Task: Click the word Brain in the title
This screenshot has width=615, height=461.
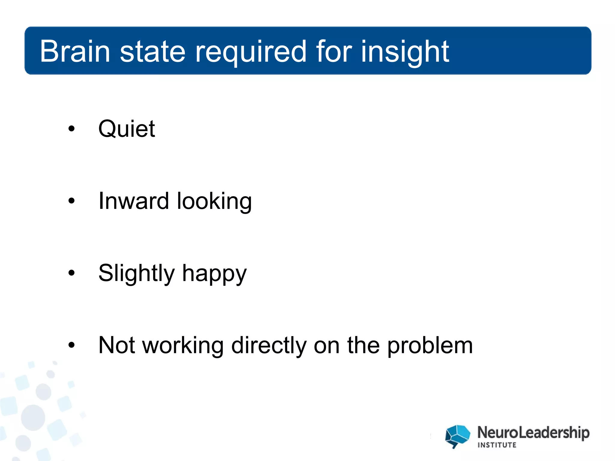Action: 75,51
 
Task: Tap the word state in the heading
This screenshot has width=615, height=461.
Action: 153,51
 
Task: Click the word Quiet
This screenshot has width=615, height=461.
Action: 126,129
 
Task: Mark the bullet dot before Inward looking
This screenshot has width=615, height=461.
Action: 71,201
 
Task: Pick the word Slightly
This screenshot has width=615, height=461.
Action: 136,273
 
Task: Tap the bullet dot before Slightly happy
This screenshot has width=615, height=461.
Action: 71,273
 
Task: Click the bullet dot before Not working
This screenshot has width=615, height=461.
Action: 71,345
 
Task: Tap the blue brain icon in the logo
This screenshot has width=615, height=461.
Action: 457,436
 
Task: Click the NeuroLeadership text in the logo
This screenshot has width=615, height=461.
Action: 533,433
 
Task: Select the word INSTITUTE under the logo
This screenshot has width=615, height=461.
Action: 497,445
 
